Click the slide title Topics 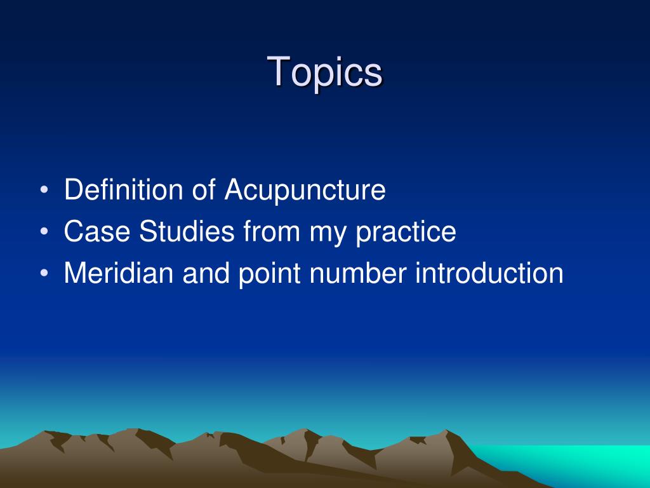(325, 71)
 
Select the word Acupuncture (305, 190)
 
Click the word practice (406, 233)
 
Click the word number (358, 273)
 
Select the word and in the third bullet (204, 273)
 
